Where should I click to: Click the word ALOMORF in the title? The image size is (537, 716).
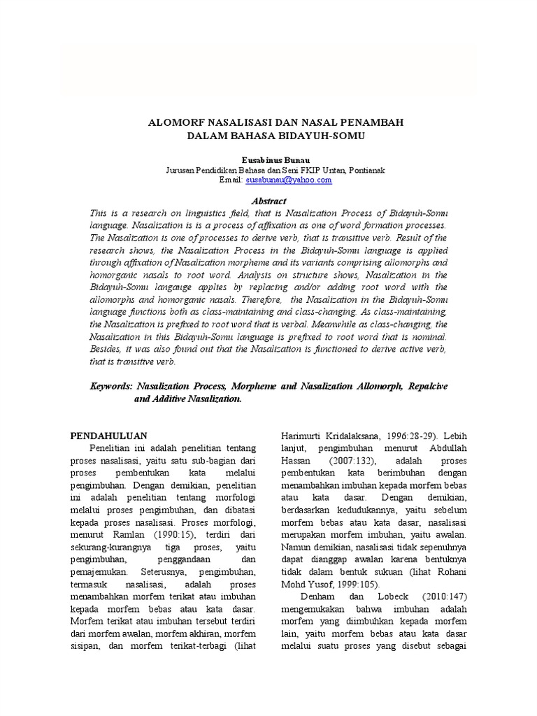click(x=178, y=122)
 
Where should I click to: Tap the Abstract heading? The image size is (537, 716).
click(x=269, y=201)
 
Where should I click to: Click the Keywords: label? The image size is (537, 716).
click(x=112, y=385)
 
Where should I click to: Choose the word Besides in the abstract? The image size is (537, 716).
click(x=107, y=349)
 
